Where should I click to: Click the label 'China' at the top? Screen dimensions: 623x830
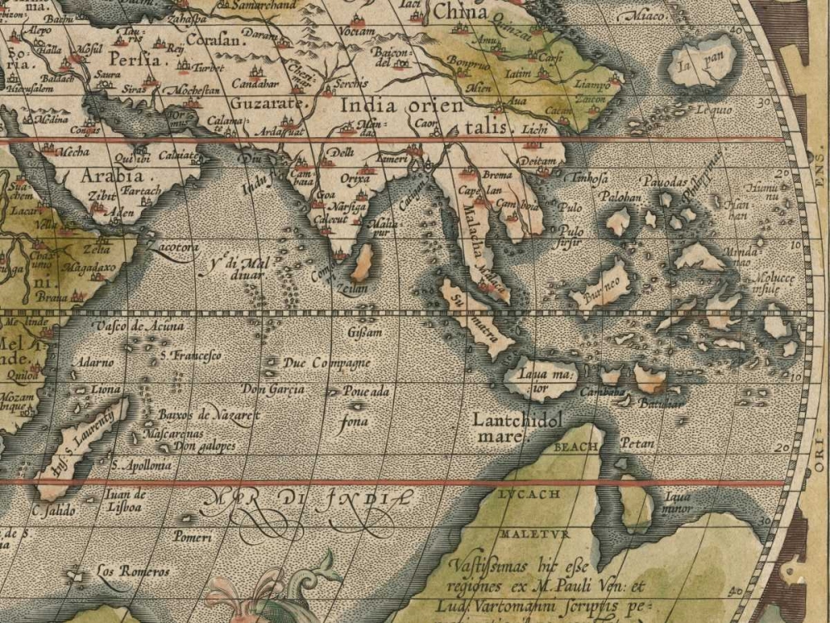tap(460, 12)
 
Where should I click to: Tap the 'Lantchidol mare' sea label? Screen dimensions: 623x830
tap(517, 427)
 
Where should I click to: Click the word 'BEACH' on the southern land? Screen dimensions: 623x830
tap(575, 447)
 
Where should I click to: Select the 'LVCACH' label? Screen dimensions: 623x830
tap(530, 493)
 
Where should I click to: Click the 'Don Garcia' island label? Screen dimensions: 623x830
tap(273, 389)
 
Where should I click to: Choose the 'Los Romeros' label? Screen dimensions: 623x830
tap(133, 571)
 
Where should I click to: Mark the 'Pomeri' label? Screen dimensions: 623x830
tap(193, 537)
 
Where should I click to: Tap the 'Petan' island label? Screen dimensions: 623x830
tap(637, 444)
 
